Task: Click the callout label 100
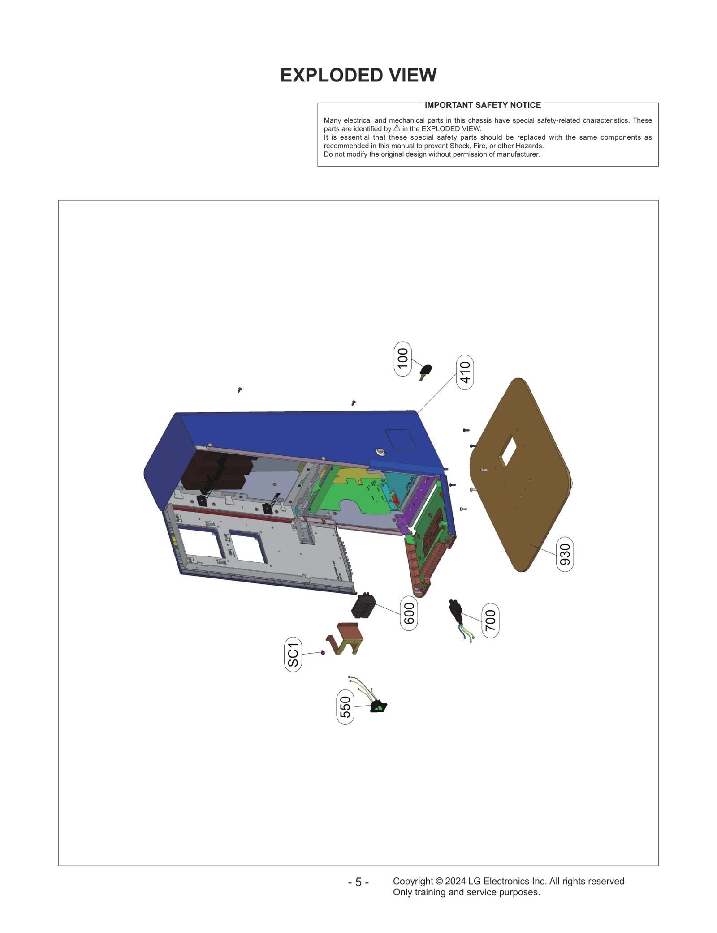[403, 358]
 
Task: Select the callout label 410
[465, 372]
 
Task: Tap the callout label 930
[565, 554]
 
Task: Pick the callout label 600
[409, 613]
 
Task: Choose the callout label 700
[490, 621]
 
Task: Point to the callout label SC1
[293, 654]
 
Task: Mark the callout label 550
[345, 706]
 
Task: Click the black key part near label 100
[425, 371]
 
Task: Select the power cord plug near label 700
[455, 611]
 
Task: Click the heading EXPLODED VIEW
[358, 75]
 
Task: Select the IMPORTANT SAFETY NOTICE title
[483, 105]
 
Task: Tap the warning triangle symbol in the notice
[397, 128]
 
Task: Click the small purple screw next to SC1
[323, 652]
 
